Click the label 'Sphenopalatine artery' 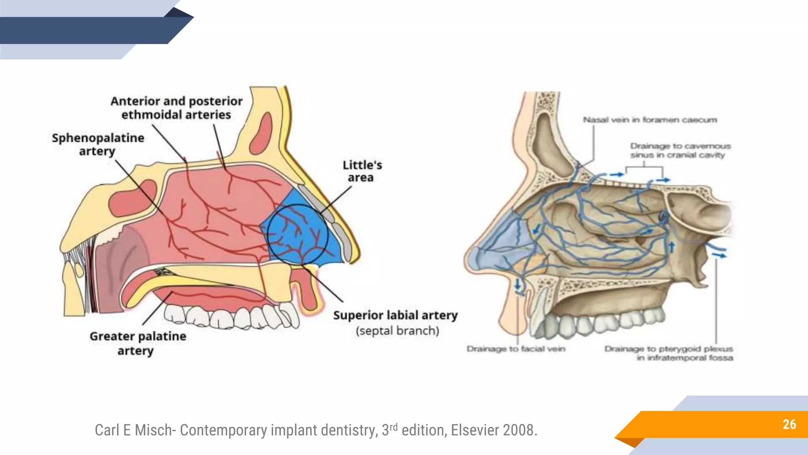pos(98,144)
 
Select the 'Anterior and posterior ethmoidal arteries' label pos(176,108)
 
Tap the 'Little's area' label pos(362,171)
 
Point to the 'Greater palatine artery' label pos(137,343)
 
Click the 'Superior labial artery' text pos(395,315)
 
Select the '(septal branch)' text pos(397,331)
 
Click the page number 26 pos(789,424)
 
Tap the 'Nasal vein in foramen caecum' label pos(650,120)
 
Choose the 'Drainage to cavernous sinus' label pos(680,150)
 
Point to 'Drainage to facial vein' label pos(516,349)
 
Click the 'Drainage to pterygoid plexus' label pos(669,353)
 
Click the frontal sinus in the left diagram pos(261,133)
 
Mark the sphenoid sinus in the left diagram pos(132,198)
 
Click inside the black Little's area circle pos(298,234)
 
